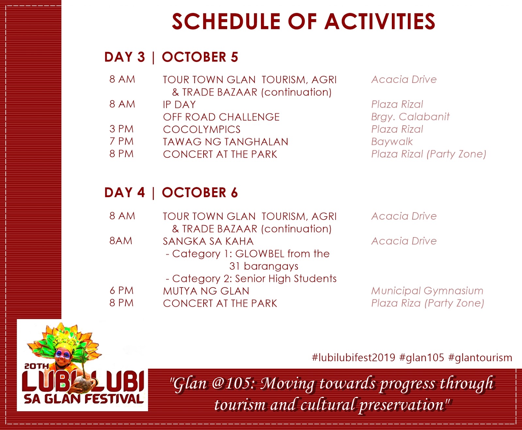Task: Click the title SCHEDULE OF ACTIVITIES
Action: (x=303, y=22)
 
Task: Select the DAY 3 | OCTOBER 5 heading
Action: (x=171, y=57)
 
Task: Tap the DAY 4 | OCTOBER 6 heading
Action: (x=171, y=192)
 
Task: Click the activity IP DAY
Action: (x=179, y=104)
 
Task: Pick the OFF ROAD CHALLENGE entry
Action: (x=221, y=117)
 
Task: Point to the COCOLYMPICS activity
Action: (x=202, y=129)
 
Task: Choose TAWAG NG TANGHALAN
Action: (x=225, y=142)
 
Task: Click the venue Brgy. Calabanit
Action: (x=410, y=117)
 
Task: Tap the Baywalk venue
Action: (x=392, y=142)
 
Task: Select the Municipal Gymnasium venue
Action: (x=427, y=291)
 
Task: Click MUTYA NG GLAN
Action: (x=206, y=291)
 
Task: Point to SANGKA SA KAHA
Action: (x=208, y=241)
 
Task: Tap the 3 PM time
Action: (x=121, y=129)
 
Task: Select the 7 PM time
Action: (x=121, y=141)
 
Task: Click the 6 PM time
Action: (x=121, y=290)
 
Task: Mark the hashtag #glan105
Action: (x=422, y=358)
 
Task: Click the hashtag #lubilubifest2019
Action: (x=354, y=358)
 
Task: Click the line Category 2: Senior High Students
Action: (x=251, y=279)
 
